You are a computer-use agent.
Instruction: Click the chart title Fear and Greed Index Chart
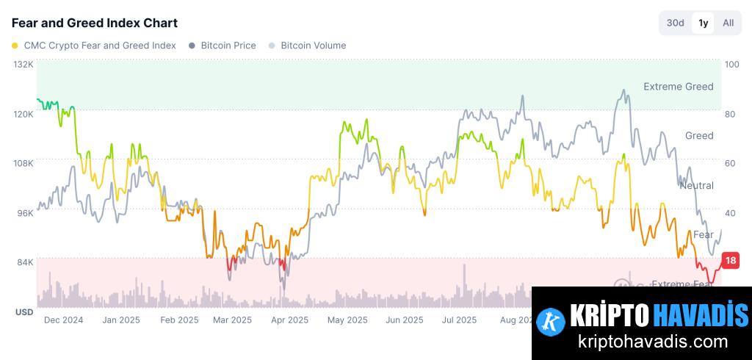(95, 24)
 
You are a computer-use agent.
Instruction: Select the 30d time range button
(675, 23)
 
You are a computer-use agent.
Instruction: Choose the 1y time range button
(704, 23)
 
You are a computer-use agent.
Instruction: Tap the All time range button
(728, 23)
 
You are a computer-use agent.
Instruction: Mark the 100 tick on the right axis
(731, 65)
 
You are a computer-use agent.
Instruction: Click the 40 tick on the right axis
(730, 213)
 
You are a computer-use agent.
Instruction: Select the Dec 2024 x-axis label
(63, 320)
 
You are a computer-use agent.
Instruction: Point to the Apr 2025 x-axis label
(289, 320)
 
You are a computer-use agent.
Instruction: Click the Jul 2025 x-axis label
(460, 320)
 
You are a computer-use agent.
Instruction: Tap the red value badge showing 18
(730, 260)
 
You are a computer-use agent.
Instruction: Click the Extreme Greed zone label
(678, 87)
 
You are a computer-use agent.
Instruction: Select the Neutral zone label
(696, 185)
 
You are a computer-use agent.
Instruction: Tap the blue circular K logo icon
(550, 321)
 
